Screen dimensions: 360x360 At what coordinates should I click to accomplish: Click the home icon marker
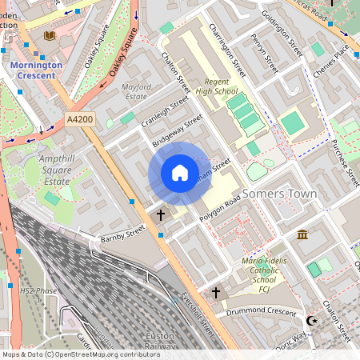(x=180, y=173)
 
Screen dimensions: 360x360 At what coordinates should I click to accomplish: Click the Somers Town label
(x=279, y=194)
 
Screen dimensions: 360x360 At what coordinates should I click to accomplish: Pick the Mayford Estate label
(x=134, y=91)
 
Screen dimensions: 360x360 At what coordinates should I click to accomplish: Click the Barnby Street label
(x=123, y=234)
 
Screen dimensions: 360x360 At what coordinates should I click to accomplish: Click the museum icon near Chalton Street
(x=302, y=234)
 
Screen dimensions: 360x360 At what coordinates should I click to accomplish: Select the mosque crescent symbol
(x=311, y=321)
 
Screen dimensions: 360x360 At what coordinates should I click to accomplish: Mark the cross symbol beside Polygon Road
(x=161, y=215)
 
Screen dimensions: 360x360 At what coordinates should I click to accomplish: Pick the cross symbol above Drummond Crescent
(x=215, y=294)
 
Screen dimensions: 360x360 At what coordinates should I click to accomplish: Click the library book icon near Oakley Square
(x=50, y=36)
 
